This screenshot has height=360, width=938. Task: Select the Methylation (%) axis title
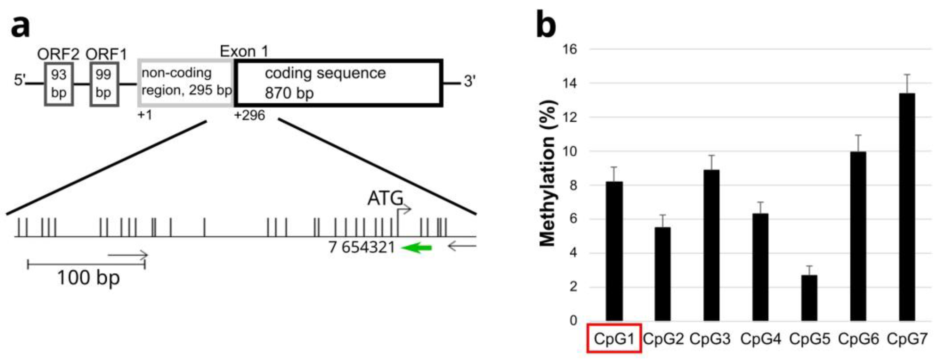point(547,173)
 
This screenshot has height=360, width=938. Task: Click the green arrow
point(417,248)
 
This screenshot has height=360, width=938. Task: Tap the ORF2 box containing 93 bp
point(59,85)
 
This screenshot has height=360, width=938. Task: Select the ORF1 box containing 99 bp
point(104,85)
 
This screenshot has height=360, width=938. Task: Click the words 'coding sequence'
point(325,73)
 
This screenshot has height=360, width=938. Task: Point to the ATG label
point(385,199)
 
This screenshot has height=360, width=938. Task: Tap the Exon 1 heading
point(244,51)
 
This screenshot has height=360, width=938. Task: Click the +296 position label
point(249,116)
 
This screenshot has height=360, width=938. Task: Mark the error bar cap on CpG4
point(760,202)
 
